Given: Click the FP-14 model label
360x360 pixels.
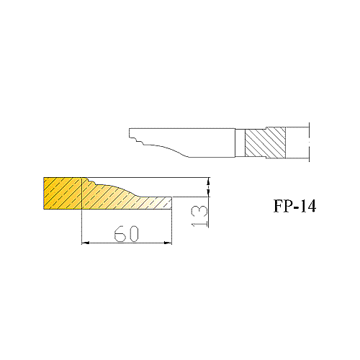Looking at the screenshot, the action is tap(294, 206).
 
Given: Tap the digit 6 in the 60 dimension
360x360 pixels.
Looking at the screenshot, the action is tap(120, 233).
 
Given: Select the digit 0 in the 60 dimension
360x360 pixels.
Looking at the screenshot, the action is tap(133, 233).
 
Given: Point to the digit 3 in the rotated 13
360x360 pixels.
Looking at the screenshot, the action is tap(199, 211).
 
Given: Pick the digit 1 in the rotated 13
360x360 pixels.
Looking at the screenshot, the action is tap(199, 223).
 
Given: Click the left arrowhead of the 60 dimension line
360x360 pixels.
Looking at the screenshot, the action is tap(86, 243).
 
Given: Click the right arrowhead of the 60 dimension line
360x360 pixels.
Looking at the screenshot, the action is tap(168, 243).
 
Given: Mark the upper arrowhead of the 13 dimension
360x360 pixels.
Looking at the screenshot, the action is tap(208, 181).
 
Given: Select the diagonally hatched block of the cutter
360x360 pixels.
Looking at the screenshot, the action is tap(265, 143).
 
